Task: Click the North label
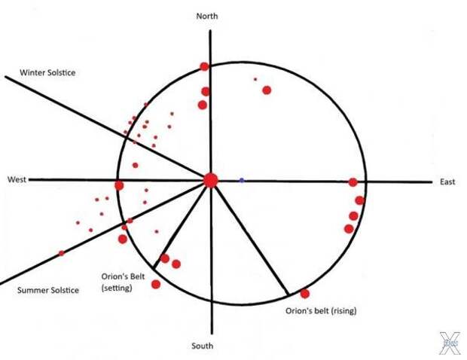click(207, 16)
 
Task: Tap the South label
click(202, 346)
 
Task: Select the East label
click(447, 182)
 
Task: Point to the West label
click(17, 179)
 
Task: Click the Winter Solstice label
click(47, 72)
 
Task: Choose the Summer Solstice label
click(48, 290)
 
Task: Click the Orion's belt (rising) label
click(321, 311)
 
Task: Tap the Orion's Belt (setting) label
click(123, 282)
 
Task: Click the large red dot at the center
click(211, 181)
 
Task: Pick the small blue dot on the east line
click(242, 180)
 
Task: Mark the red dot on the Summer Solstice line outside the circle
click(61, 253)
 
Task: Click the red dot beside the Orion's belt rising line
click(305, 294)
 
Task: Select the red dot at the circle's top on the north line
click(204, 66)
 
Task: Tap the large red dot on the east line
click(353, 182)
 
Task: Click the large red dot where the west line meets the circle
click(119, 185)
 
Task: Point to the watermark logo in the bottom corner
click(450, 343)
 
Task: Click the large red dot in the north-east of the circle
click(267, 90)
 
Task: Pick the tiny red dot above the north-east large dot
click(255, 79)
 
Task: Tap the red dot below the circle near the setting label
click(156, 285)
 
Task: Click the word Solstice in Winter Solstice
click(61, 72)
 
